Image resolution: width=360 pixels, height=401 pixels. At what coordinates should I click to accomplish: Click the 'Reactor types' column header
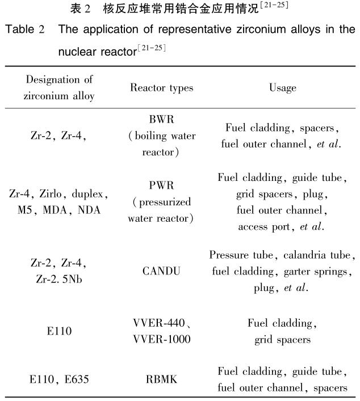pos(161,88)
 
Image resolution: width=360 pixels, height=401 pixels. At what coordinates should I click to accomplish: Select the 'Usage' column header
pos(282,88)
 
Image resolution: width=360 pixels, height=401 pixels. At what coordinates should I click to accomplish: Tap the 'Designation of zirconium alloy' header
pos(58,88)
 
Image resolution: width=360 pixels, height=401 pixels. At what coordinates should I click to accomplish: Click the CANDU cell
pos(161,271)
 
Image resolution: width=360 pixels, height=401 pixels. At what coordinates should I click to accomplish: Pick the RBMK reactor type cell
pos(161,379)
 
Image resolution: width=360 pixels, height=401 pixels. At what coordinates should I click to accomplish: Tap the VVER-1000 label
pos(161,339)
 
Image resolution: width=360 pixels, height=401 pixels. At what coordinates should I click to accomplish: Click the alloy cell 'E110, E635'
pos(58,379)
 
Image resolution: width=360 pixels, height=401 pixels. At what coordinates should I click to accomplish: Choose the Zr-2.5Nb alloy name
pos(58,279)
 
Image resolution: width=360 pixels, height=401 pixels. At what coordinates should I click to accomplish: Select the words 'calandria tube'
pos(321,255)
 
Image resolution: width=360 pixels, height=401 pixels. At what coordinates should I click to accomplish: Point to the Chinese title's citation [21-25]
pos(273,7)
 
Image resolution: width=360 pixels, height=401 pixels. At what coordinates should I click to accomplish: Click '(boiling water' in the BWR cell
pos(161,136)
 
